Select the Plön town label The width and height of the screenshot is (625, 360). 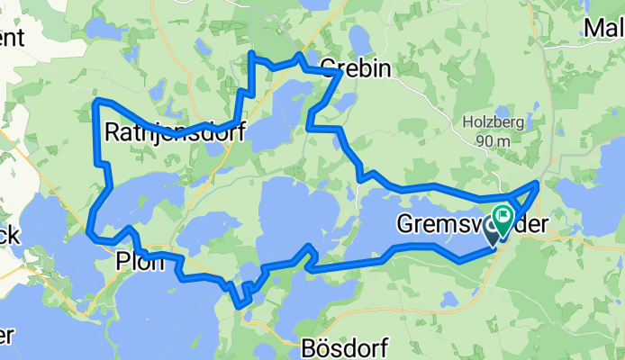pyautogui.click(x=140, y=262)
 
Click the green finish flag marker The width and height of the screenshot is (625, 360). pyautogui.click(x=503, y=216)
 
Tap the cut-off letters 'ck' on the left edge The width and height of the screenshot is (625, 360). pyautogui.click(x=8, y=237)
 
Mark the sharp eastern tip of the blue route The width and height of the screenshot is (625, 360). pyautogui.click(x=539, y=184)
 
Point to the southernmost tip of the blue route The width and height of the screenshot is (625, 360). pyautogui.click(x=240, y=305)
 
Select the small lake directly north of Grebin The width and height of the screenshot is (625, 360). pyautogui.click(x=358, y=40)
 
